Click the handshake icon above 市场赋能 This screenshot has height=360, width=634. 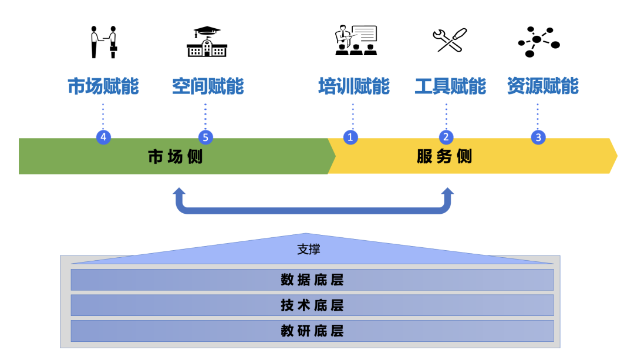[x=103, y=42]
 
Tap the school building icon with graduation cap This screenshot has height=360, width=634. [x=206, y=42]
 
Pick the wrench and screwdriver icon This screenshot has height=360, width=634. [x=449, y=41]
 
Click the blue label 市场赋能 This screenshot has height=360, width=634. [x=103, y=86]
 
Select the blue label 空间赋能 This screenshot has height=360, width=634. [x=208, y=86]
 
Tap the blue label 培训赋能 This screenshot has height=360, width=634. [x=354, y=86]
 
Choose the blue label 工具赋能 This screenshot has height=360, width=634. [x=450, y=86]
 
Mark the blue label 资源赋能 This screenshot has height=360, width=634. [x=543, y=86]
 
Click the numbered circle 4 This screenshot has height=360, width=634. [x=103, y=137]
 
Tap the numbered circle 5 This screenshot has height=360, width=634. [x=205, y=137]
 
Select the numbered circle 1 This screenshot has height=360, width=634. [x=350, y=137]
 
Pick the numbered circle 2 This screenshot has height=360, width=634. [x=446, y=137]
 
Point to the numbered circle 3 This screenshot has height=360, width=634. [x=538, y=137]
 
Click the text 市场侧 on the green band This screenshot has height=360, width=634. [x=175, y=157]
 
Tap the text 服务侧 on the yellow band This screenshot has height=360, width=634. [x=444, y=157]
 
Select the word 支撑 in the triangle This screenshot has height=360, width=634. [x=309, y=250]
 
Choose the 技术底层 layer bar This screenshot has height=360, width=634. [x=312, y=305]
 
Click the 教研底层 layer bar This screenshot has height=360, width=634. [x=312, y=331]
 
